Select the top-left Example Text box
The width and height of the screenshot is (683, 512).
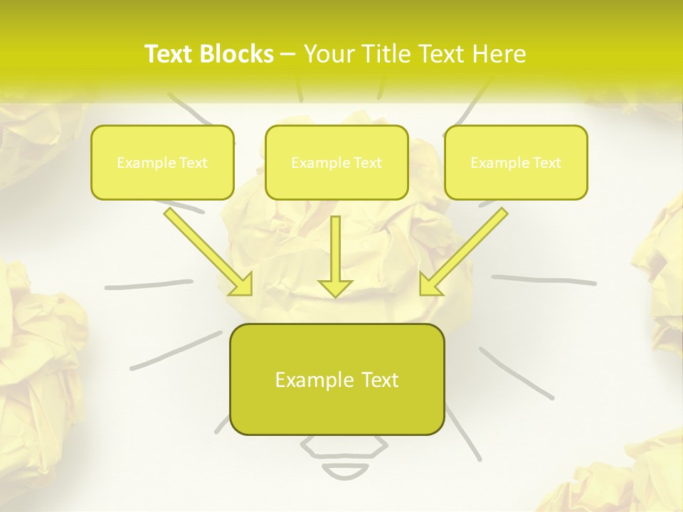click(x=162, y=162)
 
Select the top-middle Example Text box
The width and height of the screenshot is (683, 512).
click(x=337, y=162)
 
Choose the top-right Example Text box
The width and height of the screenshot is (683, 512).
click(x=516, y=162)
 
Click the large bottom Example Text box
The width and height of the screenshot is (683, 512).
click(x=337, y=379)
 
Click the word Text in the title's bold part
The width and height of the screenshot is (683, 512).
click(x=168, y=54)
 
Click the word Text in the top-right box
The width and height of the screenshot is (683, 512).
click(x=547, y=163)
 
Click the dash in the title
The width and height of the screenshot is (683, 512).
click(x=288, y=54)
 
